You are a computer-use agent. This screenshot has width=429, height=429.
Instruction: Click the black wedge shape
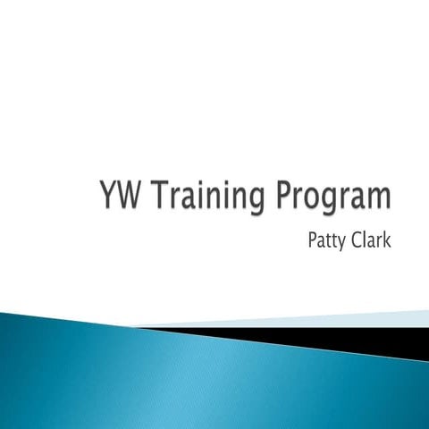coord(357,338)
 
